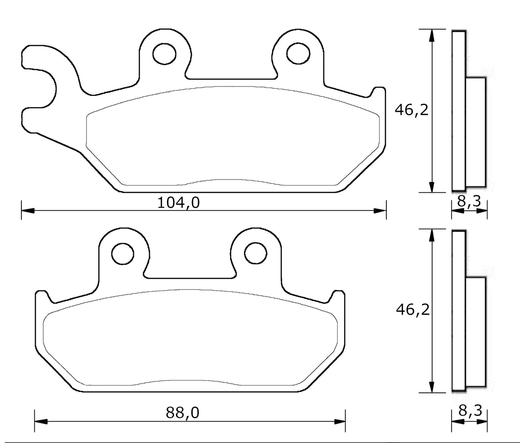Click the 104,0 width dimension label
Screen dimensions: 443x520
pyautogui.click(x=179, y=202)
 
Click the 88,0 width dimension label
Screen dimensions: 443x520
pyautogui.click(x=182, y=413)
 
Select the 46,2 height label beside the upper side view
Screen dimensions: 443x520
pyautogui.click(x=411, y=111)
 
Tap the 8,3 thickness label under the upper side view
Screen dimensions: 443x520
pyautogui.click(x=469, y=201)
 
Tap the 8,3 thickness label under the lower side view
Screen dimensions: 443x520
pyautogui.click(x=470, y=411)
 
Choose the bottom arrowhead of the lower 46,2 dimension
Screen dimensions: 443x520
pyautogui.click(x=432, y=387)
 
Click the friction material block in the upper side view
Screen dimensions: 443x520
pyautogui.click(x=475, y=132)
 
